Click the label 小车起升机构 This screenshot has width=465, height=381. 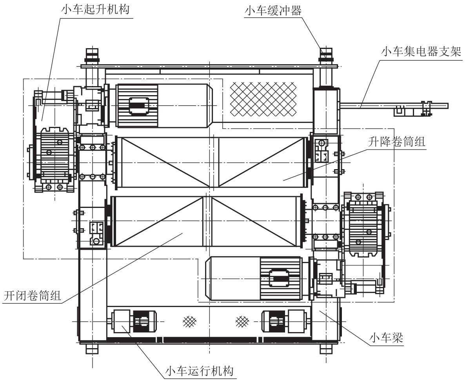click(x=96, y=9)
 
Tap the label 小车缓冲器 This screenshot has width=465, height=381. click(x=273, y=11)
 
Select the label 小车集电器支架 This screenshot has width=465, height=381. click(x=421, y=52)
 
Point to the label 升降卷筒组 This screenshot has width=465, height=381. click(x=396, y=142)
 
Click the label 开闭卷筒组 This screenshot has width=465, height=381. click(x=32, y=295)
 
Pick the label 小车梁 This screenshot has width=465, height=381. click(x=386, y=338)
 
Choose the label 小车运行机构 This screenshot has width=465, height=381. click(x=200, y=371)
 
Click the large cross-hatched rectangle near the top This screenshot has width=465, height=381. click(x=263, y=99)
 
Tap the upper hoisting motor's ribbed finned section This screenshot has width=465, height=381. click(x=137, y=106)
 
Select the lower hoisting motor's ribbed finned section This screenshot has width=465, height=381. click(x=280, y=278)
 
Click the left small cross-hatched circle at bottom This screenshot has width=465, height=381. click(x=190, y=321)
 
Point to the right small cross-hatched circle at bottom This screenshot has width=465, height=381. click(x=242, y=321)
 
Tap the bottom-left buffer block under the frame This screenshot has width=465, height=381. click(x=92, y=349)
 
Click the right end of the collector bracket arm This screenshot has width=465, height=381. click(x=448, y=106)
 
